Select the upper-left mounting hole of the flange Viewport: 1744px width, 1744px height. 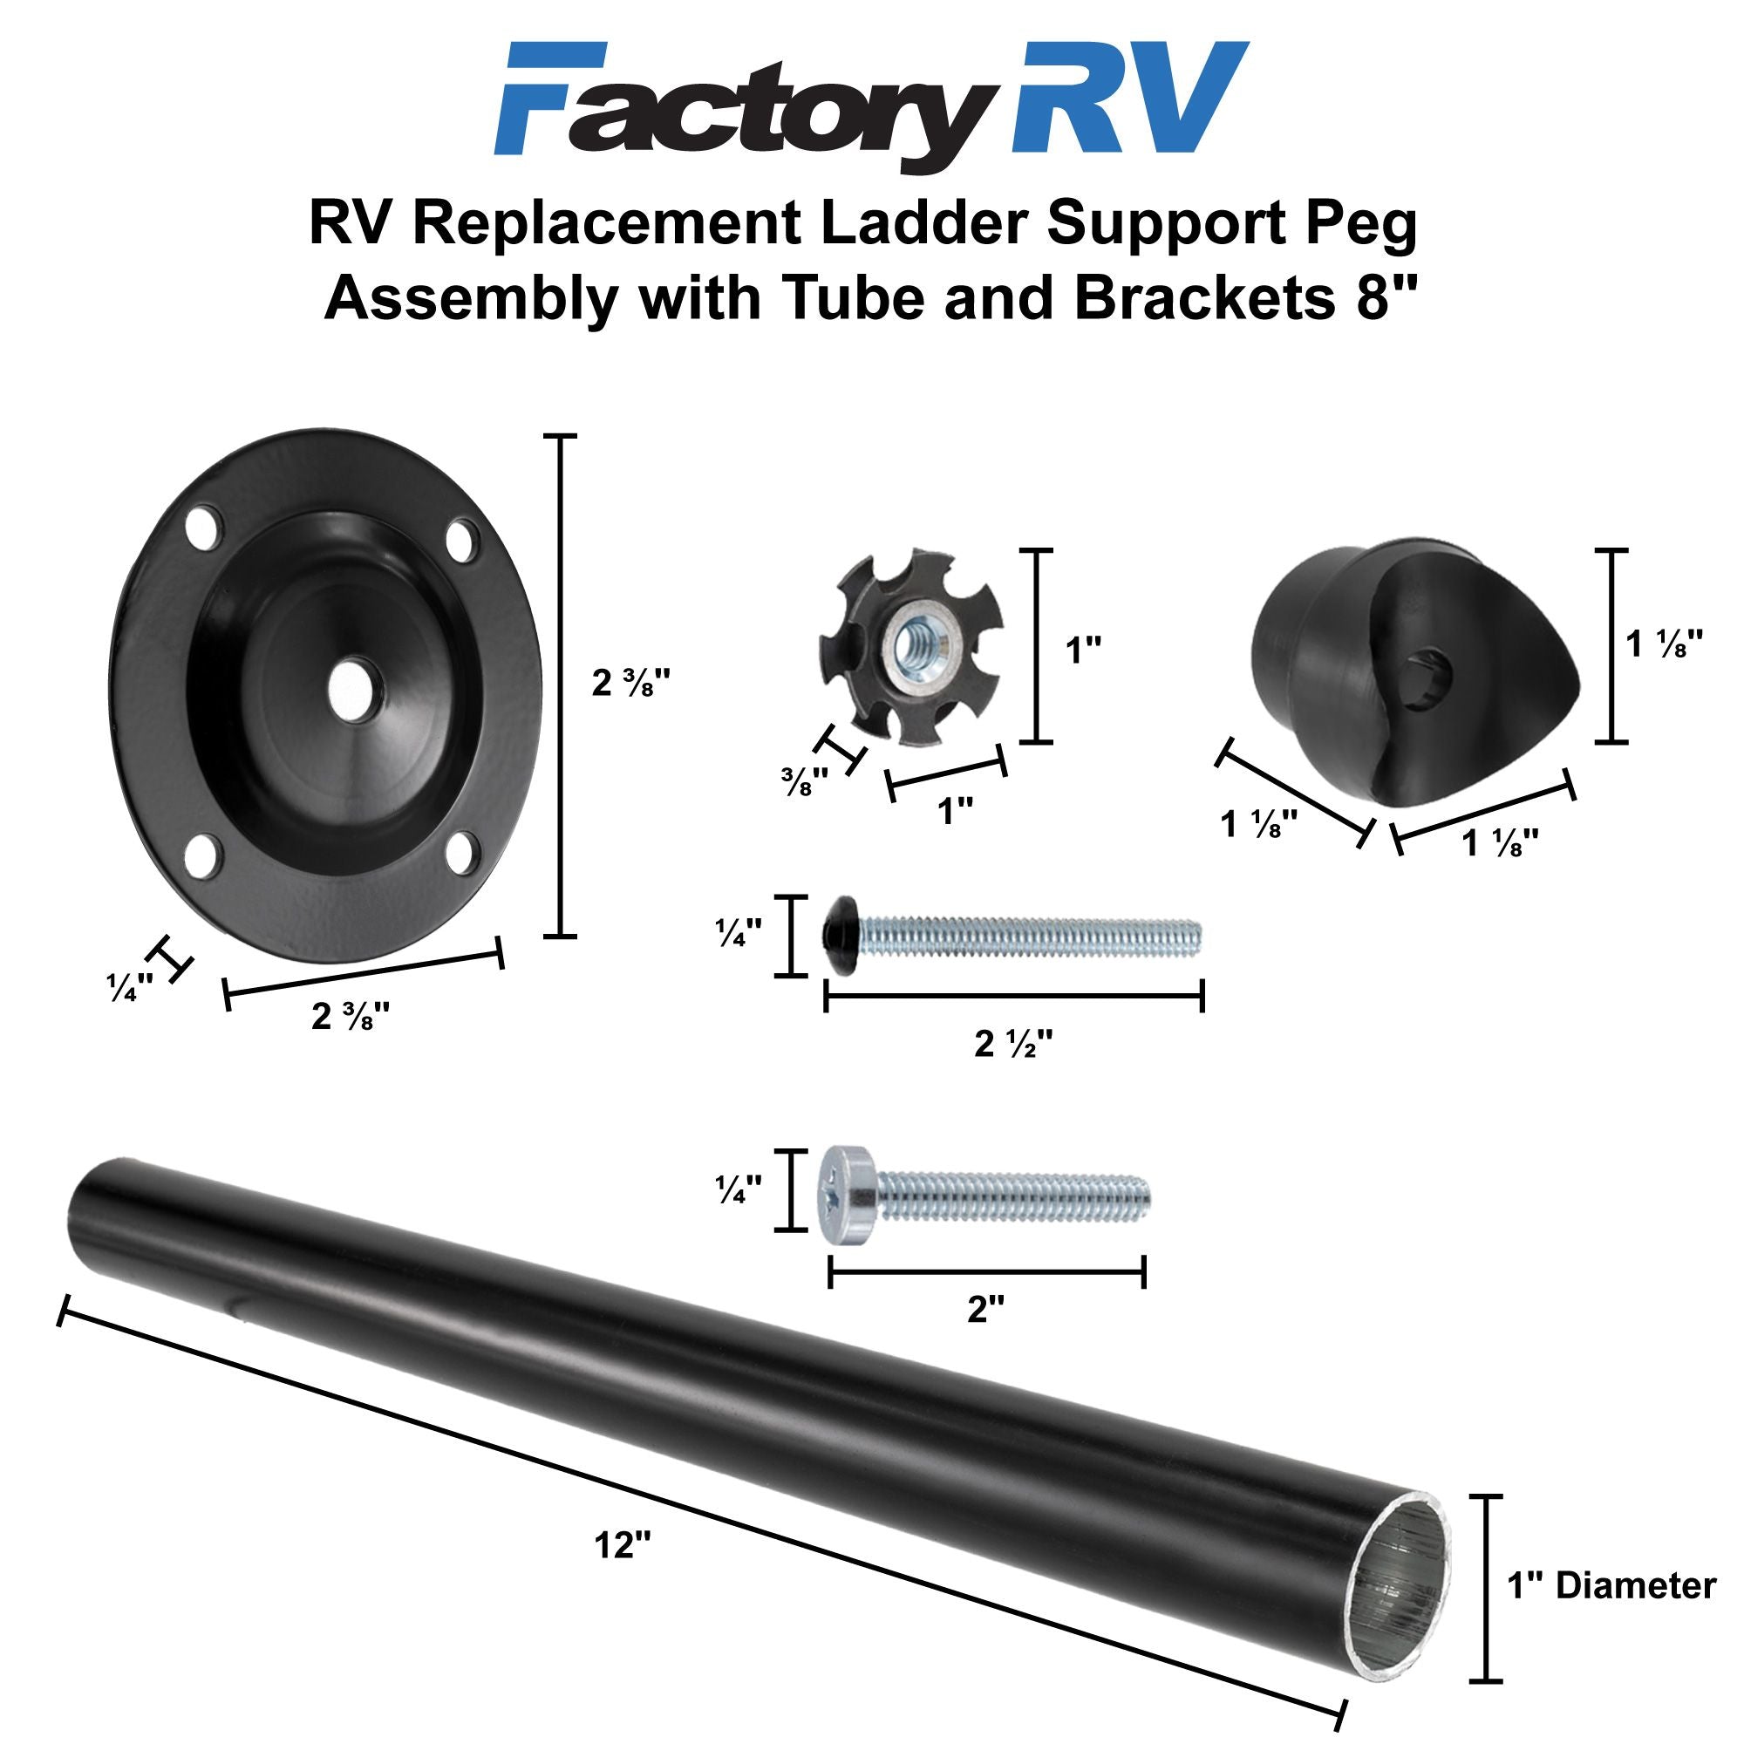204,530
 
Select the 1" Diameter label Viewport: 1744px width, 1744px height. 1611,1585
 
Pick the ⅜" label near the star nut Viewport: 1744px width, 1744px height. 804,783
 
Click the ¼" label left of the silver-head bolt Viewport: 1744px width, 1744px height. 739,1190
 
